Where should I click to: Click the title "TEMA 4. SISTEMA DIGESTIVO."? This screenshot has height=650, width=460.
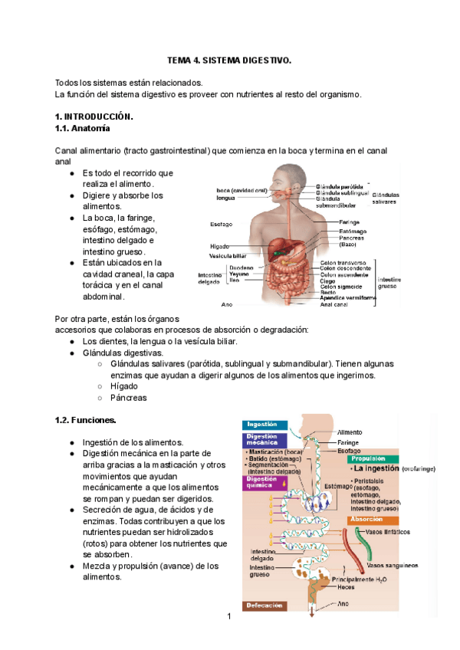click(230, 60)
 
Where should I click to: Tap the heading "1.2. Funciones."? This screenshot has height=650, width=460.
click(86, 420)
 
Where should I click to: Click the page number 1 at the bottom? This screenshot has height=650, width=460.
click(228, 616)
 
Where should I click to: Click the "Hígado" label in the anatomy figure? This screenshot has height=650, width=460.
click(220, 246)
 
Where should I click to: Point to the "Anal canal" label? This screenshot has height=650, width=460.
click(334, 304)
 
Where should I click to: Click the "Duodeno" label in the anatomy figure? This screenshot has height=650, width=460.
click(242, 268)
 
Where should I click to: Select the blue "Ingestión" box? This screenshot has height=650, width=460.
click(265, 425)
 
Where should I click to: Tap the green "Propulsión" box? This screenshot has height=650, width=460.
click(373, 458)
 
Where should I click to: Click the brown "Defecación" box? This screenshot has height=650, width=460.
click(265, 606)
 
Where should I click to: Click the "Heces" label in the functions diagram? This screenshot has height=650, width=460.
click(346, 588)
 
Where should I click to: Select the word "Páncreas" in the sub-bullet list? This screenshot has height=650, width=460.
click(129, 399)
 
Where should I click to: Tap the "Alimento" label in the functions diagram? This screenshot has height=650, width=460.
click(350, 432)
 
